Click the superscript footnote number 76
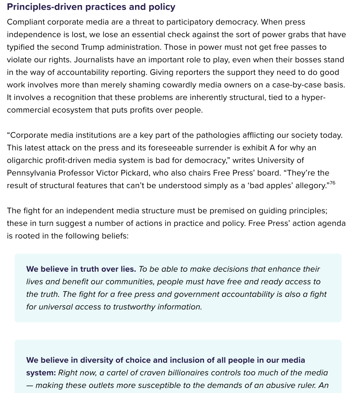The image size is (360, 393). (332, 183)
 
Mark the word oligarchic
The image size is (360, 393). (25, 160)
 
